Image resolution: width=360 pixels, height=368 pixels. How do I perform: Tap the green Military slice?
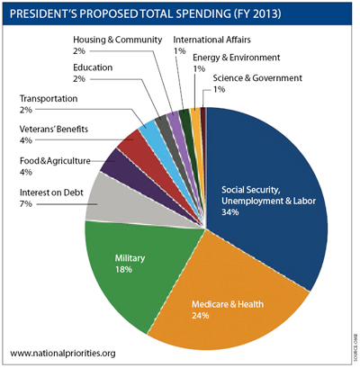[126, 261]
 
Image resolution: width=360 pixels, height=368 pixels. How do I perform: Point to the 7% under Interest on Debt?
[26, 204]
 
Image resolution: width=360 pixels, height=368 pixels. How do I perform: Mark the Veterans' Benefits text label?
[53, 130]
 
